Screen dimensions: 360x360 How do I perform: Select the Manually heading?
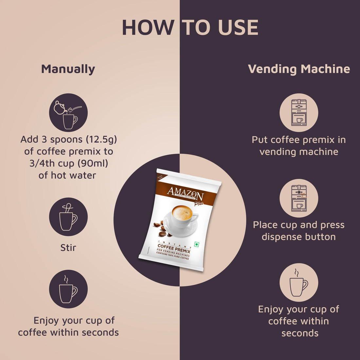click(68, 69)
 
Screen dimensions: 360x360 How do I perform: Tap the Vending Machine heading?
click(299, 69)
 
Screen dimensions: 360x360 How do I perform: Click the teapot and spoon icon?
click(68, 113)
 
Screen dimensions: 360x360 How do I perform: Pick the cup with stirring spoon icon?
click(68, 217)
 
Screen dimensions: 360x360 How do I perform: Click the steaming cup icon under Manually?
click(68, 289)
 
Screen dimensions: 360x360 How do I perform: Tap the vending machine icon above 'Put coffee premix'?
click(299, 113)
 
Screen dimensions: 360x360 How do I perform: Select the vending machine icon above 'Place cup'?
click(299, 198)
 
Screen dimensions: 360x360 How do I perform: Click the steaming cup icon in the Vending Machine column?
click(299, 282)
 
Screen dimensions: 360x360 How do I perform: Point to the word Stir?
click(68, 248)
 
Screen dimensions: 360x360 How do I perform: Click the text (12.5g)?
click(101, 140)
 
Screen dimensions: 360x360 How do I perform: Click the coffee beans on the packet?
click(160, 229)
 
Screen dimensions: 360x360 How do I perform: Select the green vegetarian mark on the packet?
click(197, 245)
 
